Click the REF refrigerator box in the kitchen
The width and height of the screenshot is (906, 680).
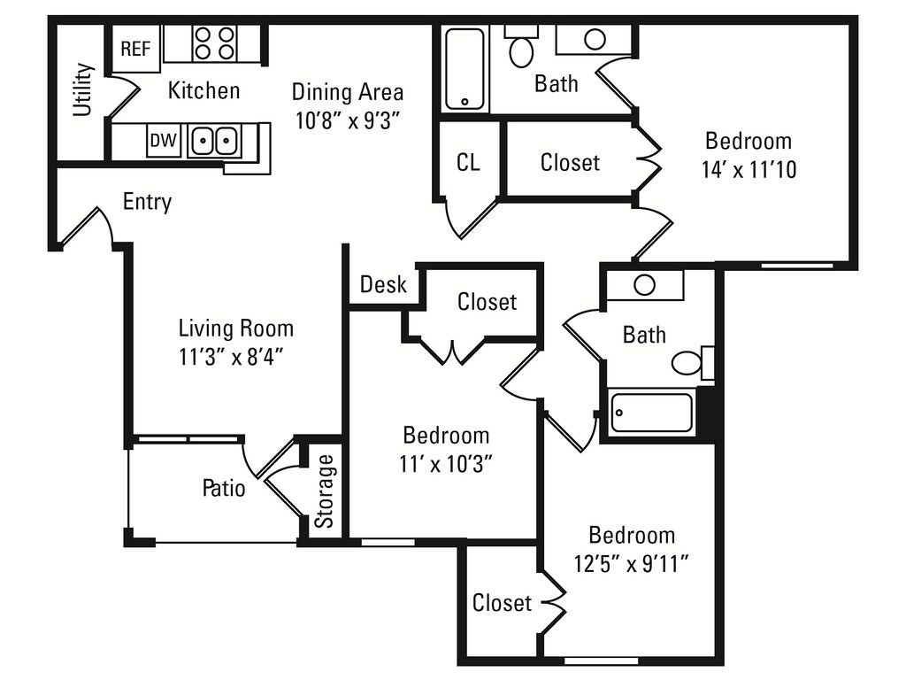click(x=135, y=49)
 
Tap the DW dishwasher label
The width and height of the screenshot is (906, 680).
click(x=161, y=140)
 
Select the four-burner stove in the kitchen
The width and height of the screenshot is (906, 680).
click(x=215, y=42)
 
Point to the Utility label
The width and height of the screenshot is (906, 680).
click(x=83, y=89)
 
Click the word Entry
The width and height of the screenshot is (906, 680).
click(x=147, y=202)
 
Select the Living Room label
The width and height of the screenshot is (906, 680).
click(x=235, y=328)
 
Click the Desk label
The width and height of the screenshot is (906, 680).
click(x=383, y=284)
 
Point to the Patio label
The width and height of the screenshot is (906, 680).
click(x=224, y=487)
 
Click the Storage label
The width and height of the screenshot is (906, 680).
click(x=326, y=491)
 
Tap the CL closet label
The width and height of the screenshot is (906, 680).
click(x=468, y=163)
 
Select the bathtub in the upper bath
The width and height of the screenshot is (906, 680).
click(x=465, y=69)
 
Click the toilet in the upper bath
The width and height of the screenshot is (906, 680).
click(x=521, y=48)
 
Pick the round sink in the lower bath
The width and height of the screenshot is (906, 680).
click(x=644, y=285)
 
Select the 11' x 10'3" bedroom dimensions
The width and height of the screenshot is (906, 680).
click(x=447, y=463)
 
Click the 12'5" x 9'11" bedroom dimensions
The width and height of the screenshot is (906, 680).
click(x=632, y=564)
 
